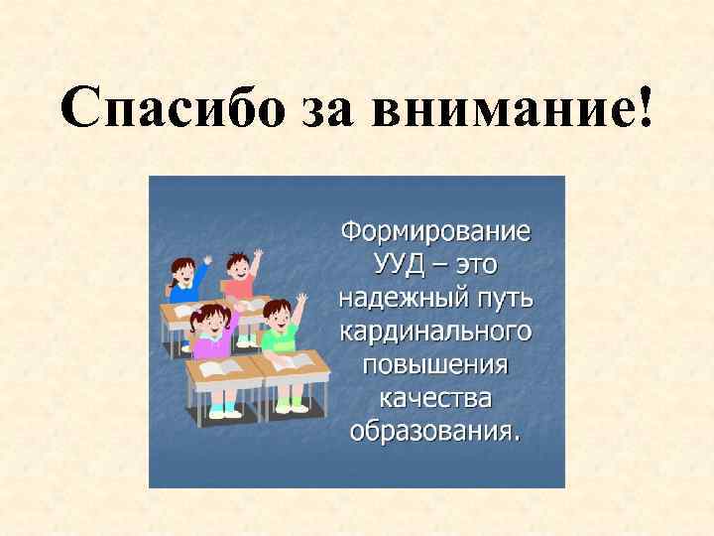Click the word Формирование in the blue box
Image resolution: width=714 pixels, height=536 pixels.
point(435,232)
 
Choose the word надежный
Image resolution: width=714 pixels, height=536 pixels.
point(405,298)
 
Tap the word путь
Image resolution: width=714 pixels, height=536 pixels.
point(504,298)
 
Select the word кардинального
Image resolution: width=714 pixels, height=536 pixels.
point(435,331)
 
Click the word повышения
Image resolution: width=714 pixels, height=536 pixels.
point(435,363)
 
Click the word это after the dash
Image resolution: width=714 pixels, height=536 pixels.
point(472,265)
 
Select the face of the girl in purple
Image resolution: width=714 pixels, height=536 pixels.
point(212,325)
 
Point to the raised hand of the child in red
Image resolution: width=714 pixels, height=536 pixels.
point(257,254)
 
